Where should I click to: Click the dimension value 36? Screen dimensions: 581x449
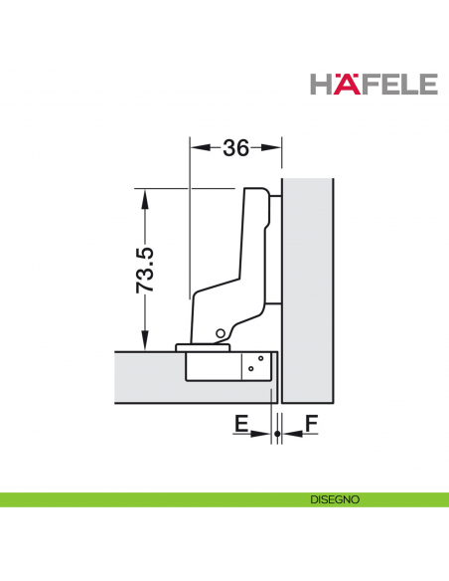point(235,148)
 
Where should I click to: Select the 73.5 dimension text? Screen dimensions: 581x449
point(145,270)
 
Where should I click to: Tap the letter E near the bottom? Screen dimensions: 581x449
point(240,425)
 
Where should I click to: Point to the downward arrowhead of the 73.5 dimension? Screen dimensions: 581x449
point(145,343)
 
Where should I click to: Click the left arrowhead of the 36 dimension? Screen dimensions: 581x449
point(196,148)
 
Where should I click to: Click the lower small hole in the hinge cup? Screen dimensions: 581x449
point(252,370)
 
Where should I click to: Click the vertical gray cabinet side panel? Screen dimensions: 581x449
point(310,289)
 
